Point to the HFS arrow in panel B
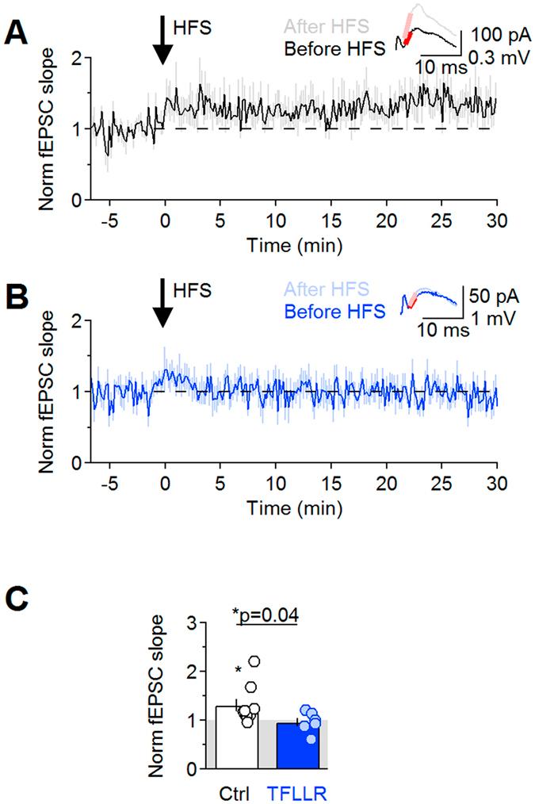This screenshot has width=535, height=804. pos(164,304)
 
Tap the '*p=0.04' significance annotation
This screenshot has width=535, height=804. pos(266,615)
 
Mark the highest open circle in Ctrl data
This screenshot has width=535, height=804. pos(254,661)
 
